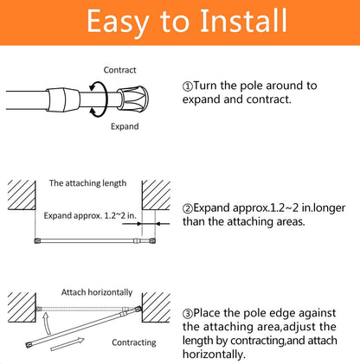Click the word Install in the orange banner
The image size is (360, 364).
pos(243,21)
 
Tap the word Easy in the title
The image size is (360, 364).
pos(118,22)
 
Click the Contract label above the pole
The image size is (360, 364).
pos(119,70)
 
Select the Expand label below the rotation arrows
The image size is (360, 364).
pos(125,126)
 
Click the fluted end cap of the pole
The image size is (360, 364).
pos(133,99)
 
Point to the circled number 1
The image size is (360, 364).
pos(188,86)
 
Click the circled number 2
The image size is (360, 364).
pos(188,208)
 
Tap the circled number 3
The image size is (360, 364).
pos(188,313)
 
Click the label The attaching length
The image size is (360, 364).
pos(87,183)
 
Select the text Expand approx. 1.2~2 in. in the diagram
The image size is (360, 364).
pos(90,215)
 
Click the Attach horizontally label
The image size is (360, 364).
pos(97,292)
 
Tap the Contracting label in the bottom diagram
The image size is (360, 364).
pos(134,342)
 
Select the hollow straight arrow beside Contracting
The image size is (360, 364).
pos(67,344)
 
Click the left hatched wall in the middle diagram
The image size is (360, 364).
pos(22,195)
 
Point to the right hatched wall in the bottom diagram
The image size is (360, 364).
pos(156,308)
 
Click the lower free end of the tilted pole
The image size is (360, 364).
pos(29,344)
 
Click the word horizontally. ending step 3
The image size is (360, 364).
pos(214,354)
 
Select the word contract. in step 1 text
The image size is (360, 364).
pos(268,99)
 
